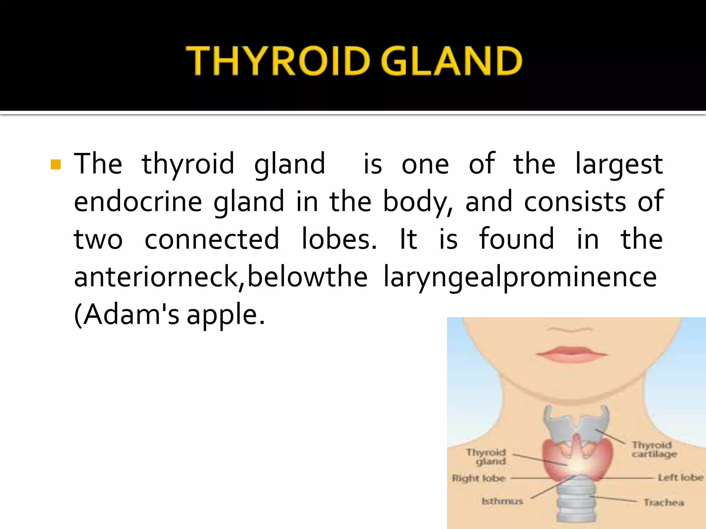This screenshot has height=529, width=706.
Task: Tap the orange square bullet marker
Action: [x=56, y=165]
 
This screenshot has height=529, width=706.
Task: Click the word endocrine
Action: [x=138, y=201]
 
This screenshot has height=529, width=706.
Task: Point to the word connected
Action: [x=212, y=239]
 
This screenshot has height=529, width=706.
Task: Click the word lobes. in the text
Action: [x=339, y=239]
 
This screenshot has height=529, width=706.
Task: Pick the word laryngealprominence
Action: [x=520, y=277]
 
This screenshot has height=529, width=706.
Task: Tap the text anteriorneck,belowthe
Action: [x=221, y=277]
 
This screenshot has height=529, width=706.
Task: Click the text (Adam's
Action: [x=127, y=314]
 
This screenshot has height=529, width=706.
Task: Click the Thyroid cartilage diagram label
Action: [x=654, y=449]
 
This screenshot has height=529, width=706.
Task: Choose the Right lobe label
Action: [x=479, y=478]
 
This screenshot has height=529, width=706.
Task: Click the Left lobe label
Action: [x=680, y=477]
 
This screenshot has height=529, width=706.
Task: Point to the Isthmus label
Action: [x=502, y=501]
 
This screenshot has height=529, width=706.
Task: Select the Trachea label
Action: [x=664, y=502]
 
